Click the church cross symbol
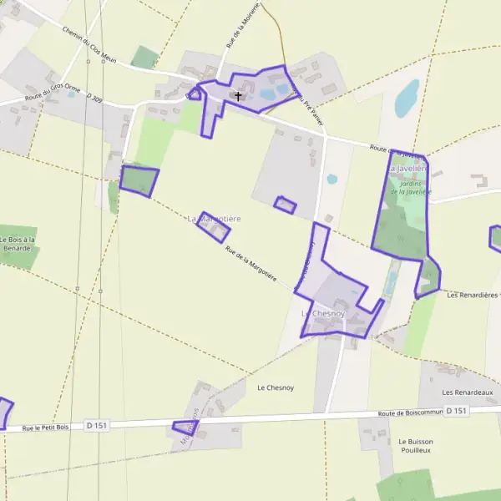coord(238,96)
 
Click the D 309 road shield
coord(94,99)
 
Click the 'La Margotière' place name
coord(214,219)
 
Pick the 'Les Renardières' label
coord(473,295)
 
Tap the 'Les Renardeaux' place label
coord(468,392)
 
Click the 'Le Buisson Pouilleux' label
coord(414,445)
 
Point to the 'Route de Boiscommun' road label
coord(408,412)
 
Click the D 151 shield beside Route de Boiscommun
coord(456,411)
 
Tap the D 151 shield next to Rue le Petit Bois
coord(97,426)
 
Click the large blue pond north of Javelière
coord(407,99)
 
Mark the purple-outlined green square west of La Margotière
coord(139,180)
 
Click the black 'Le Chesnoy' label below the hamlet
coord(273,387)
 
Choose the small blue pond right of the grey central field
coord(332,179)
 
